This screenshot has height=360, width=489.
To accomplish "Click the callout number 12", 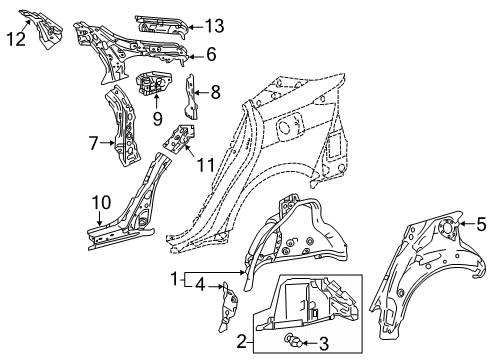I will (x=15, y=38).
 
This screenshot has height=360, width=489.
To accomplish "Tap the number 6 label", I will (x=211, y=56).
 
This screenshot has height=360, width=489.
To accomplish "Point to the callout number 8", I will (x=215, y=92).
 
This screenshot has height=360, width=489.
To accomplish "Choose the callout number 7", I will (x=92, y=144).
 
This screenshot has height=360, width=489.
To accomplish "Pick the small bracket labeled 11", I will (x=182, y=139).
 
